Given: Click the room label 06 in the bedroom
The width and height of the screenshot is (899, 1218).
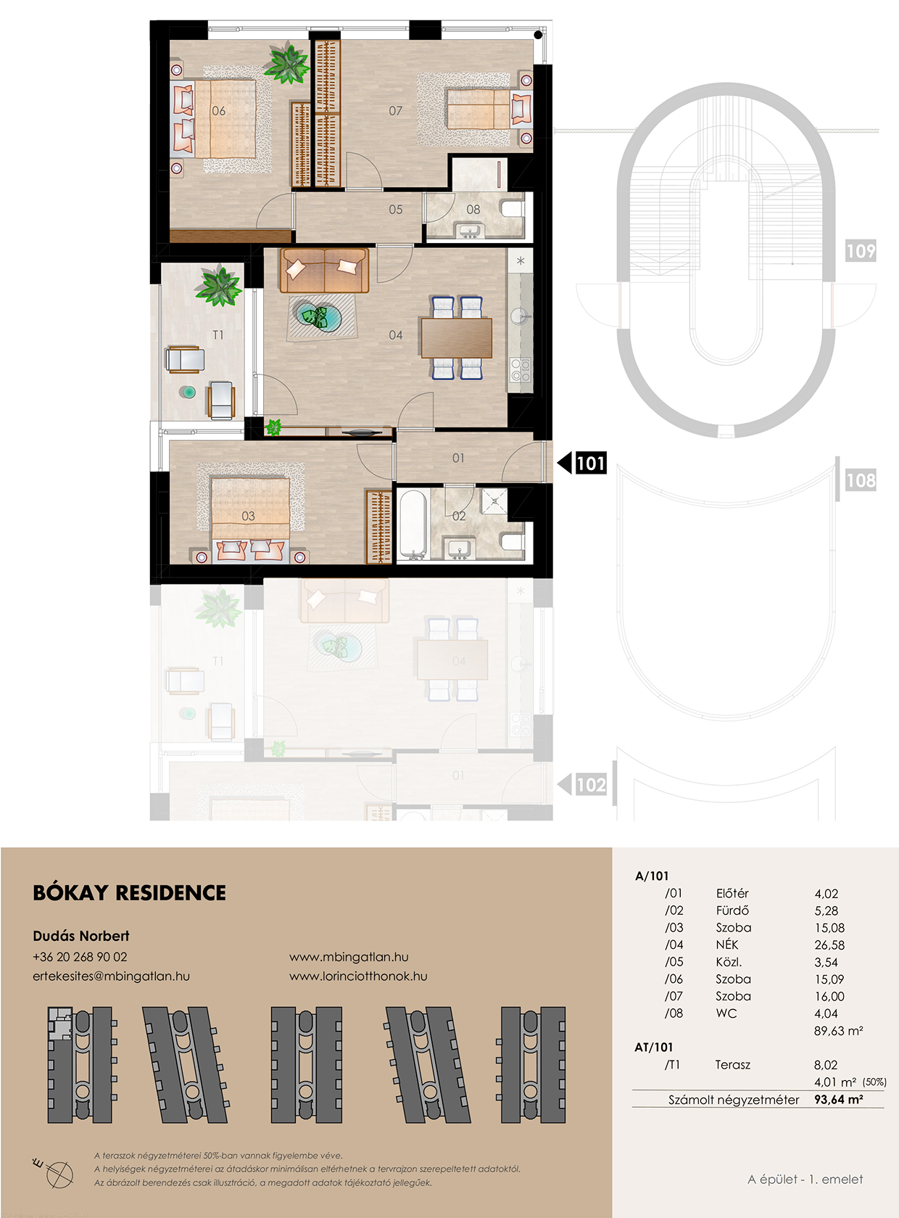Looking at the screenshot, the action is pos(218,111).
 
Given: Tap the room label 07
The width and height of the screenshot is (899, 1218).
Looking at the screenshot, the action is pos(395,111).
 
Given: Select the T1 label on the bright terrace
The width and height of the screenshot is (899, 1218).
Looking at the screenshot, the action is pos(218,335).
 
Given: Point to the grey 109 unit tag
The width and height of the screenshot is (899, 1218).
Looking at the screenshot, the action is pos(861,251).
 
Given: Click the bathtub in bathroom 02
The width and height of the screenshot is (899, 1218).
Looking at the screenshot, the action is pos(413,523).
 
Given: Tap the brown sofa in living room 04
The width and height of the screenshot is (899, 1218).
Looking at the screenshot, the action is pos(324,270).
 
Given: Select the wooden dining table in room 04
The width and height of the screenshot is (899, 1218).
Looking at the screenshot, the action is pos(457,338).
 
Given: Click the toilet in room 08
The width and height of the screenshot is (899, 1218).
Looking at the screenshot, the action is pos(512,209).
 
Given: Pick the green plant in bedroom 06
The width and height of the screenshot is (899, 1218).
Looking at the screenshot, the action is pos(286,65).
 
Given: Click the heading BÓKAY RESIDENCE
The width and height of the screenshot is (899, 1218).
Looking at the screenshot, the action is pos(130,892).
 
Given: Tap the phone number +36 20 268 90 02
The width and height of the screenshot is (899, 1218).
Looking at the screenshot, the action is pos(80,957).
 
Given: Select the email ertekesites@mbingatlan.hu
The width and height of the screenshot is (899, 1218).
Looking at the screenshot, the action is pos(112,976).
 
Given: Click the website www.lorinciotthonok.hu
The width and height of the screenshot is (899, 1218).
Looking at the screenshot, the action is pos(358,976).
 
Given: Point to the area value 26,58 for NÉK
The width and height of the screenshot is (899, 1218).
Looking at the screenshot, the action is pos(829,945).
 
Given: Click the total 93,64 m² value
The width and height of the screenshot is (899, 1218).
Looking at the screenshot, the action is pos(839,1099).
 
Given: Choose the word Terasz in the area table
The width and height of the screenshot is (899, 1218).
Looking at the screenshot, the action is pos(733,1065).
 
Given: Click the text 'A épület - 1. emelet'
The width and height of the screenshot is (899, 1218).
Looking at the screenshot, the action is pos(805,1179).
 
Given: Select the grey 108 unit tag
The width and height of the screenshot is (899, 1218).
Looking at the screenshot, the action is pos(861,480).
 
